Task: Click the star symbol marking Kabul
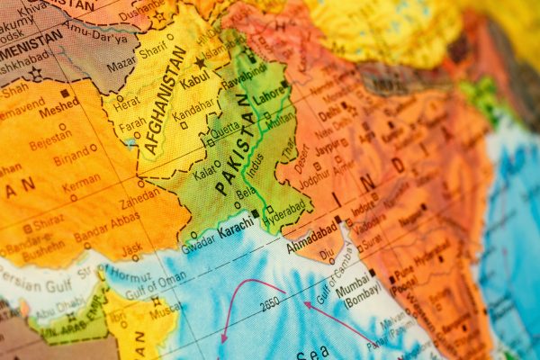201,63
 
